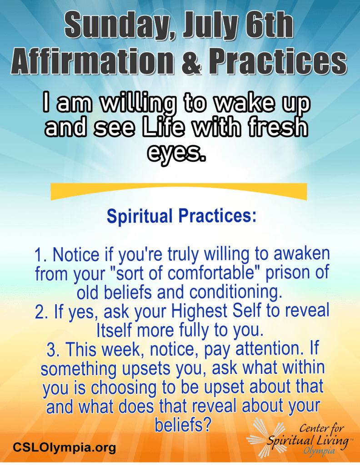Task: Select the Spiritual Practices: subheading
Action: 181,216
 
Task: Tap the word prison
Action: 285,273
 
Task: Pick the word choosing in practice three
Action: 124,388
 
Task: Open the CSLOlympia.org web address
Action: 64,447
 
